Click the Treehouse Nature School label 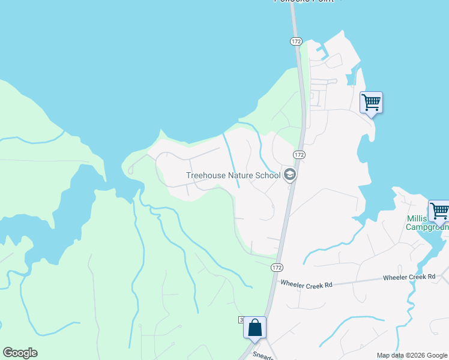[x=233, y=176]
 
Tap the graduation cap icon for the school [x=290, y=175]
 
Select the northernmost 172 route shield [x=295, y=41]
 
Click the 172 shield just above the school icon [x=300, y=155]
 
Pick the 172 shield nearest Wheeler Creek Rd [x=276, y=267]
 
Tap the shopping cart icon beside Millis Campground [x=439, y=211]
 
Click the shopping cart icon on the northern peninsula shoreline [x=371, y=103]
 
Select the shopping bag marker [x=255, y=328]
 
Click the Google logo [x=20, y=353]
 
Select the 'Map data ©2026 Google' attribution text [x=412, y=355]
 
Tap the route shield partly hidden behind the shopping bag [x=241, y=320]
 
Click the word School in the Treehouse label [x=268, y=176]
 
